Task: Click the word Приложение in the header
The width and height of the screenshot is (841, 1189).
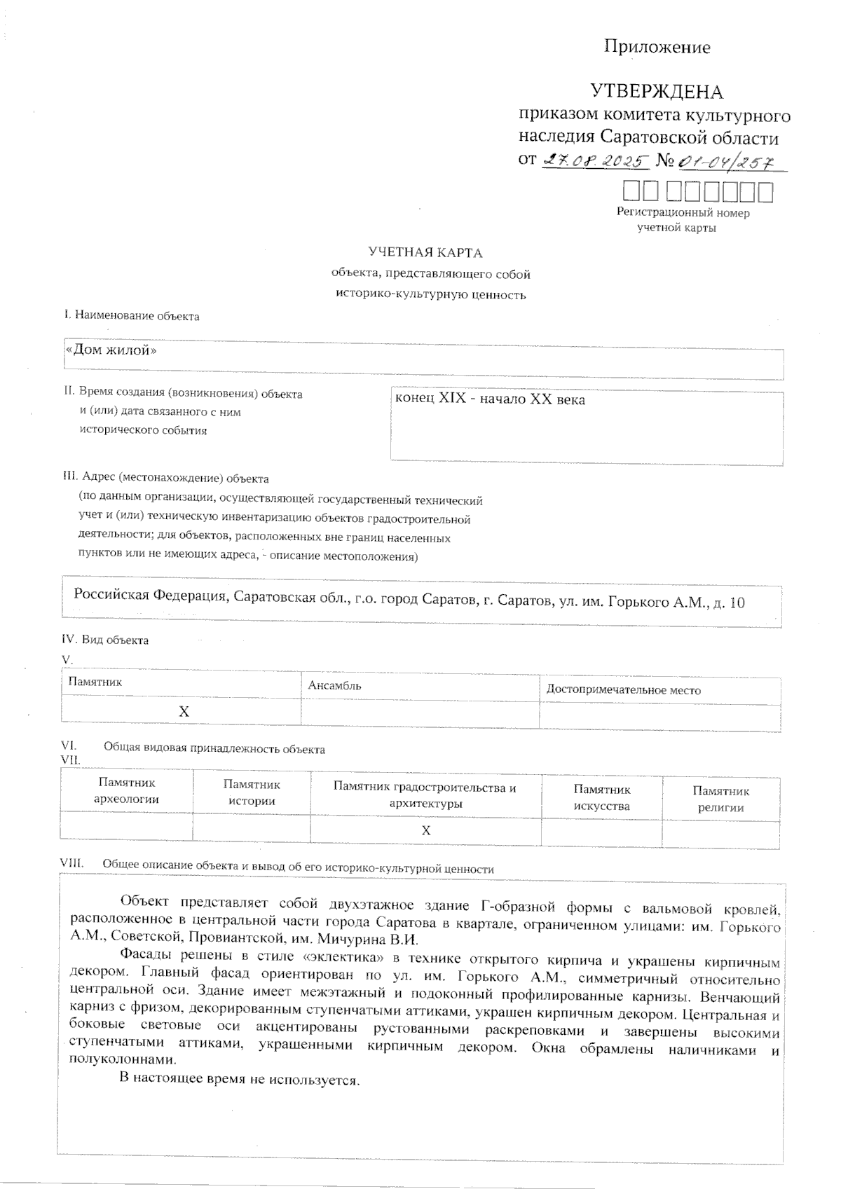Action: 657,47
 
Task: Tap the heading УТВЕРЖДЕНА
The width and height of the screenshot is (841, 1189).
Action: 656,92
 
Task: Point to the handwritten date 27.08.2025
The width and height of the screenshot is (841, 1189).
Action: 595,160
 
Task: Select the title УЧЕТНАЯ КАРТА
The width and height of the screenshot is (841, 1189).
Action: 425,252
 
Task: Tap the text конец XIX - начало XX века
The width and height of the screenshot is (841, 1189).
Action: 490,399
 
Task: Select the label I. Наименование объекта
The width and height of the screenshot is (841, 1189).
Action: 132,316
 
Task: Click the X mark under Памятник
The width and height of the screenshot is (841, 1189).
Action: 184,712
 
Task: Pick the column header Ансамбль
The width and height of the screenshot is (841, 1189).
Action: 334,685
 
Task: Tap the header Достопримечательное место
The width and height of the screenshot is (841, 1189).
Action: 623,690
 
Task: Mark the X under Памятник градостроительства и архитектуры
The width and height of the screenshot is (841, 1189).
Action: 425,830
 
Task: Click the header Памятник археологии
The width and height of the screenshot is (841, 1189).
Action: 126,791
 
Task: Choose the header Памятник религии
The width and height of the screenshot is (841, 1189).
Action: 720,799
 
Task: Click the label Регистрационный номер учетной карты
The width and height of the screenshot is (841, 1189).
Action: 682,220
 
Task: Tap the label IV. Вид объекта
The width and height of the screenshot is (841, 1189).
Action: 105,640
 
